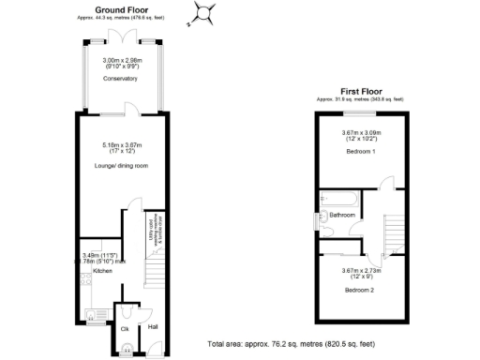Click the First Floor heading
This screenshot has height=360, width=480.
pyautogui.click(x=361, y=92)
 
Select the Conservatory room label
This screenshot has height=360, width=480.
pyautogui.click(x=120, y=79)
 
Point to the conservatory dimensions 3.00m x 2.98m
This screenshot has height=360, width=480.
pyautogui.click(x=120, y=64)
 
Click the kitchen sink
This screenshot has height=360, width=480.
pyautogui.click(x=93, y=314)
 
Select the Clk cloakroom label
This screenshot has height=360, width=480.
pyautogui.click(x=125, y=329)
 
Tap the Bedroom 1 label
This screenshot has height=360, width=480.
pyautogui.click(x=361, y=151)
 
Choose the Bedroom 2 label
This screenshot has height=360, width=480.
pyautogui.click(x=360, y=291)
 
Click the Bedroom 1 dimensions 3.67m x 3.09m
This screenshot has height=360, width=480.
pyautogui.click(x=361, y=135)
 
